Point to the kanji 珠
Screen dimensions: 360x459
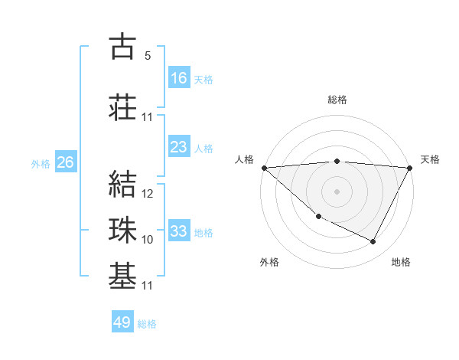tap(122, 228)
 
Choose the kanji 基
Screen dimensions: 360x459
tap(122, 273)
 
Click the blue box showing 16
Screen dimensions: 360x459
tap(179, 78)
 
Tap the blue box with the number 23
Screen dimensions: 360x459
tap(179, 147)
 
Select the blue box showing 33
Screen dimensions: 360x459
tap(179, 231)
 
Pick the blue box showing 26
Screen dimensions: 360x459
tap(65, 162)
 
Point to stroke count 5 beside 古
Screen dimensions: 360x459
tap(147, 56)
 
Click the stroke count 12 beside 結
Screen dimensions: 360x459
tap(148, 194)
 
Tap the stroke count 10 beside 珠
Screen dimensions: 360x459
tap(148, 240)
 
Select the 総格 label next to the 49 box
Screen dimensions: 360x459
tap(147, 324)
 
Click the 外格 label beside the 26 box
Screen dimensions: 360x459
tap(40, 164)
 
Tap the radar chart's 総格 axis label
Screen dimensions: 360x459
tap(337, 100)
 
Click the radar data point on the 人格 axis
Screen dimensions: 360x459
tap(264, 168)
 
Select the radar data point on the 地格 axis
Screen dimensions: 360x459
tap(373, 242)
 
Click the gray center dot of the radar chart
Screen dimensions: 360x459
tap(337, 191)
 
